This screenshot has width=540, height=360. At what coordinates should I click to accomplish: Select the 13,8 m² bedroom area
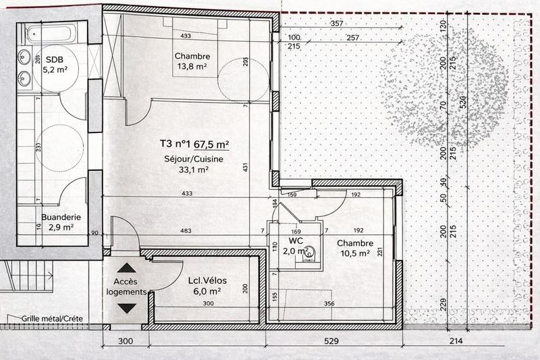192,67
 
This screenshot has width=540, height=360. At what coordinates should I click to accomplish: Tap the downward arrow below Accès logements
126,309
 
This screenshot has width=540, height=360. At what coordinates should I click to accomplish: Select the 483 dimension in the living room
187,230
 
